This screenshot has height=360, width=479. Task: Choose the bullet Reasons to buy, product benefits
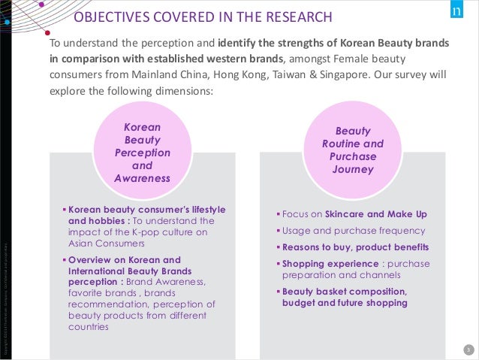[355, 247]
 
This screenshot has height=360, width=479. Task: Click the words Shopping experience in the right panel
[330, 264]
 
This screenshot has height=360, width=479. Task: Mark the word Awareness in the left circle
[142, 178]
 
